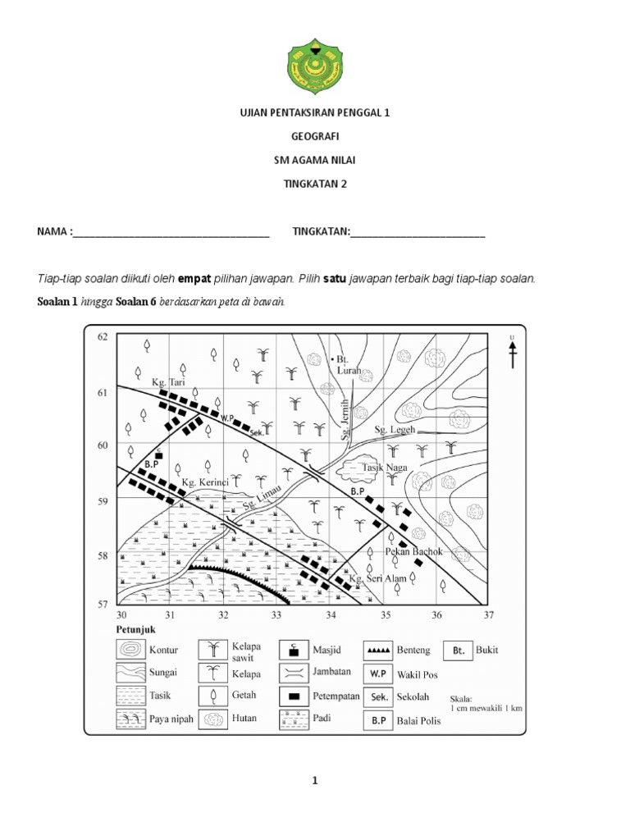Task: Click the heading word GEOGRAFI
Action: point(315,137)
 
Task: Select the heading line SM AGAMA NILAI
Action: point(315,160)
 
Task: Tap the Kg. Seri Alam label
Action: point(377,579)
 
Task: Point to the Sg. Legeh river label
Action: point(395,429)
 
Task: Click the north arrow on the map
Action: point(512,353)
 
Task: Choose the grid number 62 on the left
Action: point(103,337)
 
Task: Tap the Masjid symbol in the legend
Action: point(292,651)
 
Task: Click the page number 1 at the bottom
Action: point(314,782)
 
